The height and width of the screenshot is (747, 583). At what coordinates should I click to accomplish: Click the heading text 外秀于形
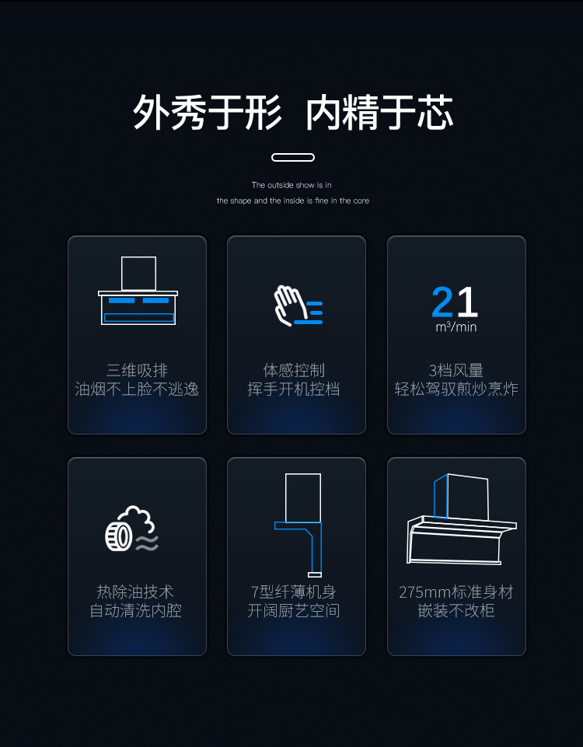tap(207, 113)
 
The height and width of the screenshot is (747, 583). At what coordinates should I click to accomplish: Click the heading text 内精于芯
tap(379, 113)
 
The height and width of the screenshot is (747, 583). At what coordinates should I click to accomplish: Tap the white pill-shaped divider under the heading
tap(293, 157)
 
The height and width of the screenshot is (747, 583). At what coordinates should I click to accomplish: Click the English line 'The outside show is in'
tap(291, 185)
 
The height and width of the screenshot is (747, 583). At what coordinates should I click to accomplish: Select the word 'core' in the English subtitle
tap(361, 201)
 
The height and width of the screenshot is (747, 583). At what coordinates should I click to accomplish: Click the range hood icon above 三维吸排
tap(138, 291)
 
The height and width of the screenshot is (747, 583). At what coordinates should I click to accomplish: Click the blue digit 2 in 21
tap(442, 302)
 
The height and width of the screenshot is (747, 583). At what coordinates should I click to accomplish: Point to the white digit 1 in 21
tap(467, 302)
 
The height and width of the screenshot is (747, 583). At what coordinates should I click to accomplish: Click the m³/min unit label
tap(456, 326)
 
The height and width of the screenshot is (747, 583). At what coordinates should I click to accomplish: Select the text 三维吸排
tap(137, 370)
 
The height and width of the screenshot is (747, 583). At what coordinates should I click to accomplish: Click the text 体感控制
tap(294, 370)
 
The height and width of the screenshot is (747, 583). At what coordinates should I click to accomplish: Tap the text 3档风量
tap(456, 370)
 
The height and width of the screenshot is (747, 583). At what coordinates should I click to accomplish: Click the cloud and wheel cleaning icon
tap(132, 529)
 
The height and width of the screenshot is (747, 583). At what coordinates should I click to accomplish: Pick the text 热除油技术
tap(135, 592)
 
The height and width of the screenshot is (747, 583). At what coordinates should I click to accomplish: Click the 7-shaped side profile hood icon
tap(298, 524)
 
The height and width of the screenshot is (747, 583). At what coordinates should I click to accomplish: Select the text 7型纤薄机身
tap(293, 592)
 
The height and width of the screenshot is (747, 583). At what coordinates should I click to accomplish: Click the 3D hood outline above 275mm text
tap(462, 519)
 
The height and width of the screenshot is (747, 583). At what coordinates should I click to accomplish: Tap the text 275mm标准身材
tap(456, 592)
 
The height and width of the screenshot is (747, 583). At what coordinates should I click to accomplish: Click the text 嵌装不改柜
tap(456, 610)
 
